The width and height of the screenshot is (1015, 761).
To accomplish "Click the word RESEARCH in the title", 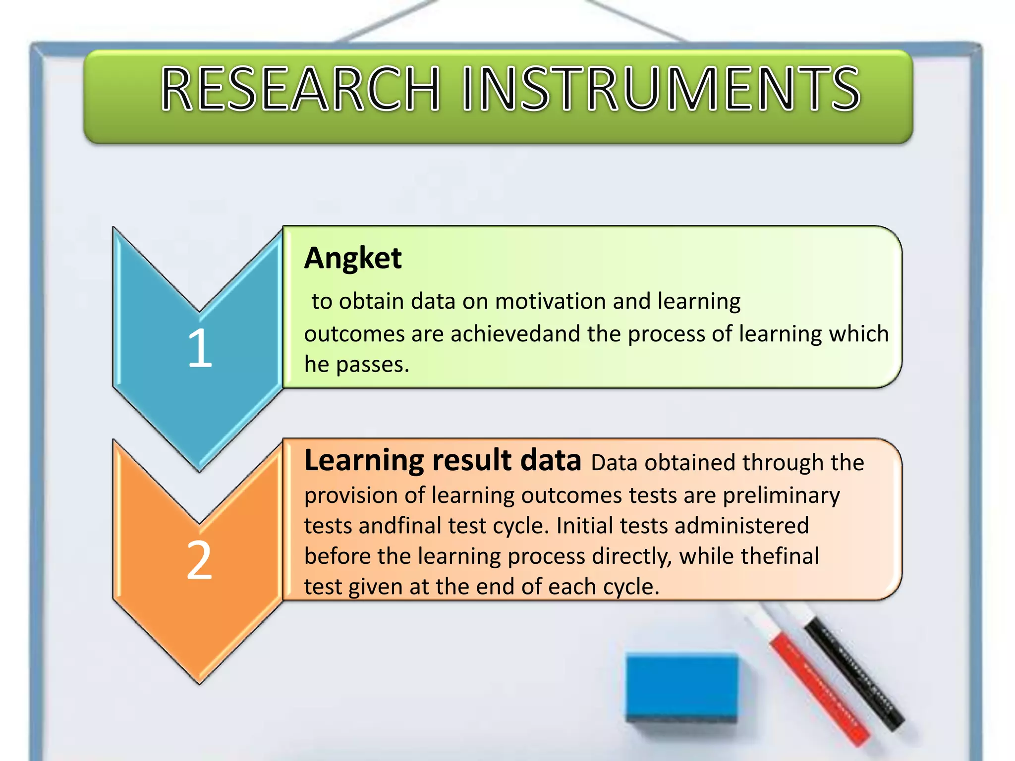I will pos(300,89).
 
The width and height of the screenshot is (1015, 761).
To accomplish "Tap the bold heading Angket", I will pos(352,258).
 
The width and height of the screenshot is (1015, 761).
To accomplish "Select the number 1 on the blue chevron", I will pos(200,348).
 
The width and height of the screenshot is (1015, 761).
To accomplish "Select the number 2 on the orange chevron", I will pos(199,560).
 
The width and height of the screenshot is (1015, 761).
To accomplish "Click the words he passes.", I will pos(356,365).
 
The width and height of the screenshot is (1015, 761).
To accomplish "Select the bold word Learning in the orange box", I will pos(364,461).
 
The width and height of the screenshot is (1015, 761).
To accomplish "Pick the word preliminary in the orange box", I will pos(781,496).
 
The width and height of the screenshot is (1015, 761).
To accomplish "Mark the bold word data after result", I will pos(550,461).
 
